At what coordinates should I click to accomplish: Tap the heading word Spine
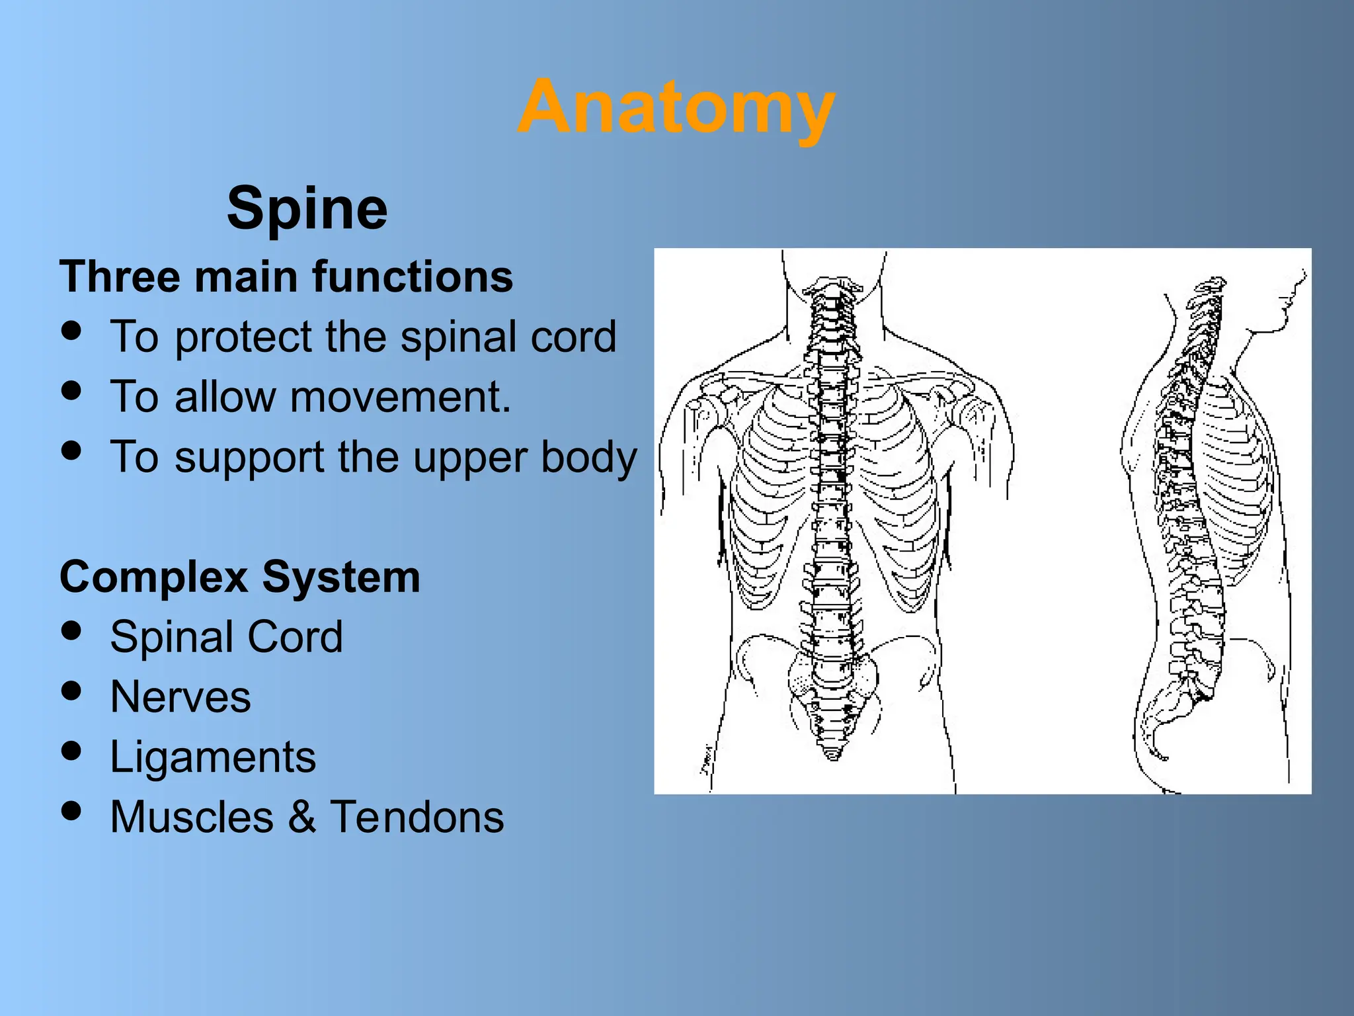point(307,208)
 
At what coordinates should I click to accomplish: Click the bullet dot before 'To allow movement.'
point(71,390)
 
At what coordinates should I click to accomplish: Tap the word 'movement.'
point(401,397)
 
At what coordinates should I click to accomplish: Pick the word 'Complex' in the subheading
point(154,577)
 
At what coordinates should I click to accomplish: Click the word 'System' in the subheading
point(340,577)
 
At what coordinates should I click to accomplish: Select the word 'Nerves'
point(180,697)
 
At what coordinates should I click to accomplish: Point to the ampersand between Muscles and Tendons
point(301,817)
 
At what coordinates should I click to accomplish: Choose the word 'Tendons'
point(417,817)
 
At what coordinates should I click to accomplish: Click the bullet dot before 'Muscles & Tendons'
point(71,810)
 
